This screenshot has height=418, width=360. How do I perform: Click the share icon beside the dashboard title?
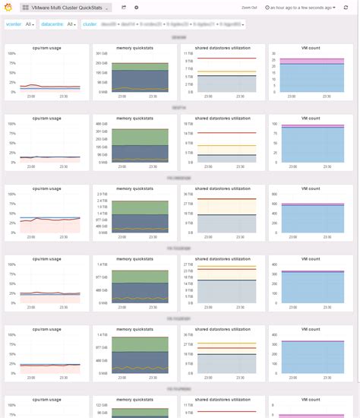tap(124, 7)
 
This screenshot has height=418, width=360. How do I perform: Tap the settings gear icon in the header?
tap(136, 7)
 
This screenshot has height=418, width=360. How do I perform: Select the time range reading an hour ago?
tap(302, 8)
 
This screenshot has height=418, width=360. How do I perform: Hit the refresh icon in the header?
tap(346, 8)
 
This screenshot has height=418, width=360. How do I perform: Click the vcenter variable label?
tap(13, 24)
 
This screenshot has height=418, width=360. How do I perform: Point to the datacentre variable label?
tap(52, 24)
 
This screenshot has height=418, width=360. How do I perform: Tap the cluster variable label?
tap(90, 24)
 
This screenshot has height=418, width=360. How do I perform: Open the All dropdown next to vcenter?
tap(30, 24)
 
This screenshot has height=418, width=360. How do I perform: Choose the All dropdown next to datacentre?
tap(71, 24)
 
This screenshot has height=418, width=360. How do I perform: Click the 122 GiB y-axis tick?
tap(101, 405)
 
